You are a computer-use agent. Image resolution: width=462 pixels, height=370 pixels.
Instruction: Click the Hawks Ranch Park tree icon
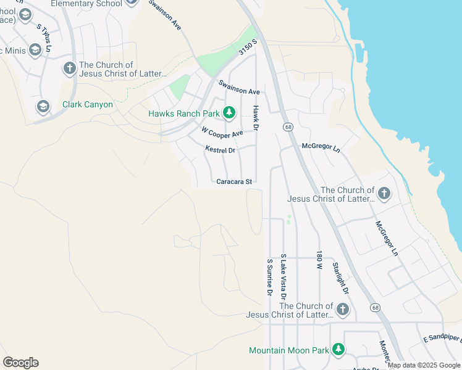tap(229, 113)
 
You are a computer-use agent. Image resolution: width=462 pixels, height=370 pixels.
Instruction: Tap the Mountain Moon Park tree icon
tap(338, 350)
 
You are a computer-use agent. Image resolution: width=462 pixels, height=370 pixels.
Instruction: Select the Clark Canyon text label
tap(88, 105)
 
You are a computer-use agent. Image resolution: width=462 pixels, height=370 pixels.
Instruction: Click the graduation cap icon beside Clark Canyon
tap(43, 107)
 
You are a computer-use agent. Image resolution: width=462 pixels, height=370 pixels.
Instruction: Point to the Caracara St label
tap(235, 182)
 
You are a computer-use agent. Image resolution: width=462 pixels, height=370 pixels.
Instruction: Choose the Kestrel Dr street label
tap(220, 150)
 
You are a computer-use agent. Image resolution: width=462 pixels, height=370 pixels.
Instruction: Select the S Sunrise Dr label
tap(269, 277)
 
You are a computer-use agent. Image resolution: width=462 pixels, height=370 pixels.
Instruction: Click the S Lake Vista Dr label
tap(283, 273)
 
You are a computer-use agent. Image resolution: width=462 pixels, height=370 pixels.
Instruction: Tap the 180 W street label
tap(319, 260)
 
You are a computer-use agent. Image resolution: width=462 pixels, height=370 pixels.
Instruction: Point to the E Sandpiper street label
tap(442, 339)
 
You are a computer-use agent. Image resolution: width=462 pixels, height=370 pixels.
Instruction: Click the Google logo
tap(20, 363)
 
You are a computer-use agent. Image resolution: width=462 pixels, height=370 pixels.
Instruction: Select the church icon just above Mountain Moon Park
tap(342, 309)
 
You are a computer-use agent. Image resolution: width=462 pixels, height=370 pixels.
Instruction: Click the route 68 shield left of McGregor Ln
tap(288, 127)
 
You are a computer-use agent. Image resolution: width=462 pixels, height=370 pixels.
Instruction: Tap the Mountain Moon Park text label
tap(288, 350)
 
